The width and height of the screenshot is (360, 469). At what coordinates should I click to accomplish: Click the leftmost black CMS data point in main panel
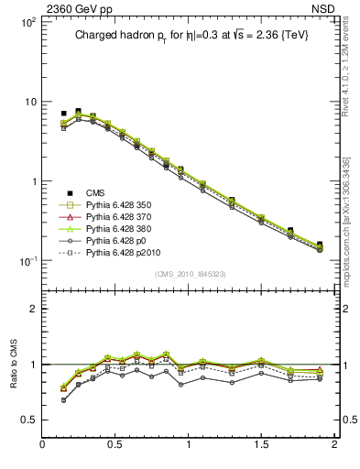pyautogui.click(x=63, y=114)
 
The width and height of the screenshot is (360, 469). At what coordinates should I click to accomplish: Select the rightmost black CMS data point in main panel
pyautogui.click(x=320, y=245)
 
